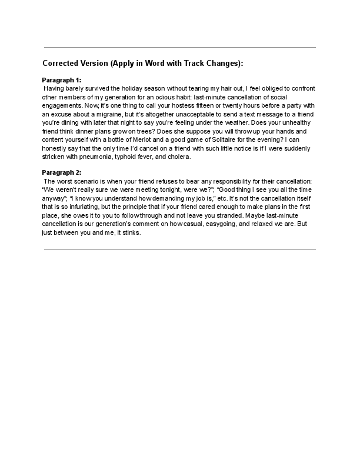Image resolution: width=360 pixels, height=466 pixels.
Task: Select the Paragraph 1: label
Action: point(62,79)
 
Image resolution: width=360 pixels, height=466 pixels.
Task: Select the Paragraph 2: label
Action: point(62,172)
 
